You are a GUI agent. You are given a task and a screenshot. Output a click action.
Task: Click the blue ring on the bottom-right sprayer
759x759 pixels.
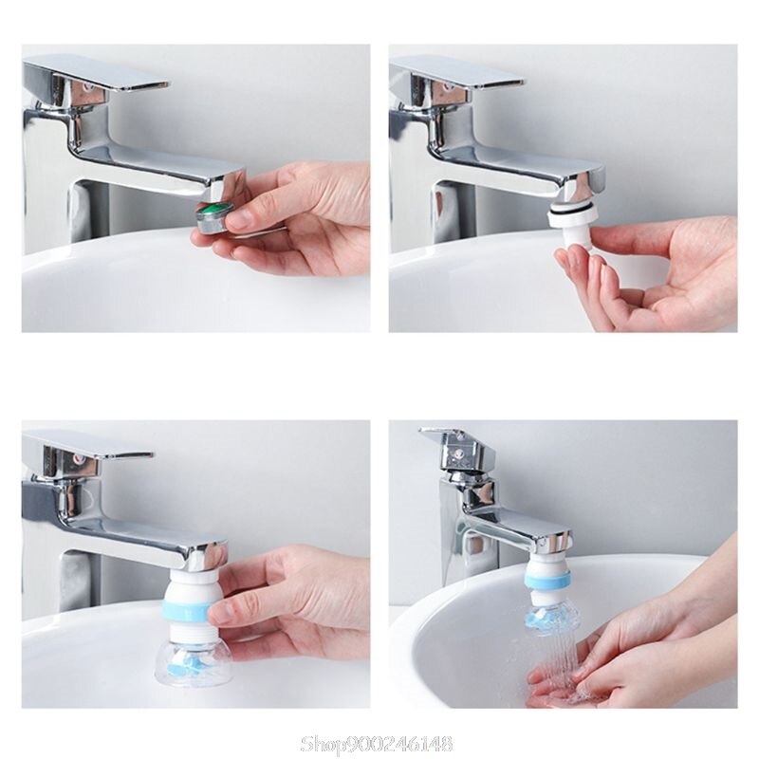548,575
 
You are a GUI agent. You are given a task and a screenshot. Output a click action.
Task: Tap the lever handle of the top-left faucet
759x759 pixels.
95,74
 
